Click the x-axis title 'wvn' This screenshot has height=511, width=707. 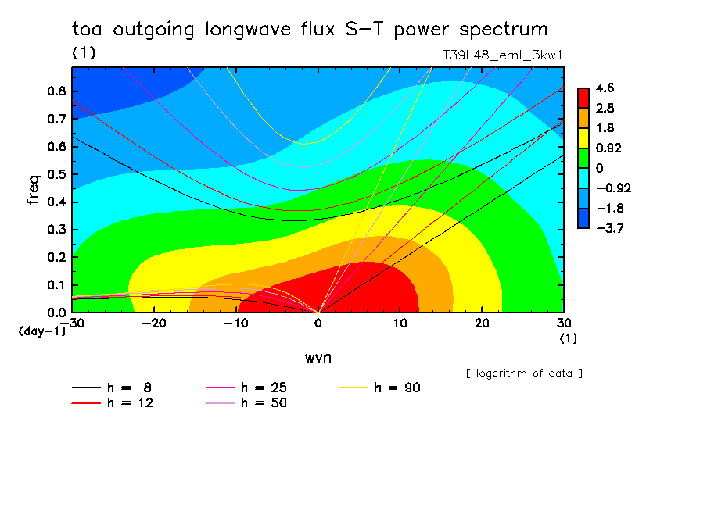point(318,356)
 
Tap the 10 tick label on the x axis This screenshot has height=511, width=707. point(400,323)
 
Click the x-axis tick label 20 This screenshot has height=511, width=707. point(482,323)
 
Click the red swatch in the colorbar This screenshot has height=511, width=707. point(583,98)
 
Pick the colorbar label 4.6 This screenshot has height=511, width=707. point(605,88)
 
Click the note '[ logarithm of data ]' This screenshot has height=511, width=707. point(524,373)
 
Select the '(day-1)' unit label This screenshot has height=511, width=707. point(41,331)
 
